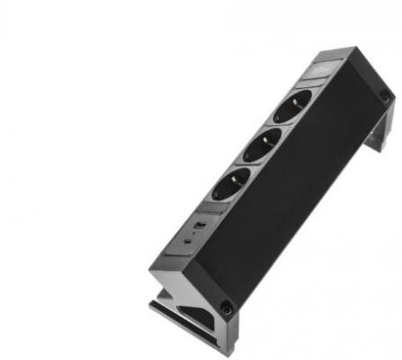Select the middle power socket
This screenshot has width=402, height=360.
point(258,146)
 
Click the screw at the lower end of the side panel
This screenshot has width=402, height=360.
point(227,308)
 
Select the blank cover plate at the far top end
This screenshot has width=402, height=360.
point(326,67)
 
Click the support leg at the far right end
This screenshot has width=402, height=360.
point(381,135)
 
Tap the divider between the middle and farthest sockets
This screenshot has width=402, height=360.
point(275,127)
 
